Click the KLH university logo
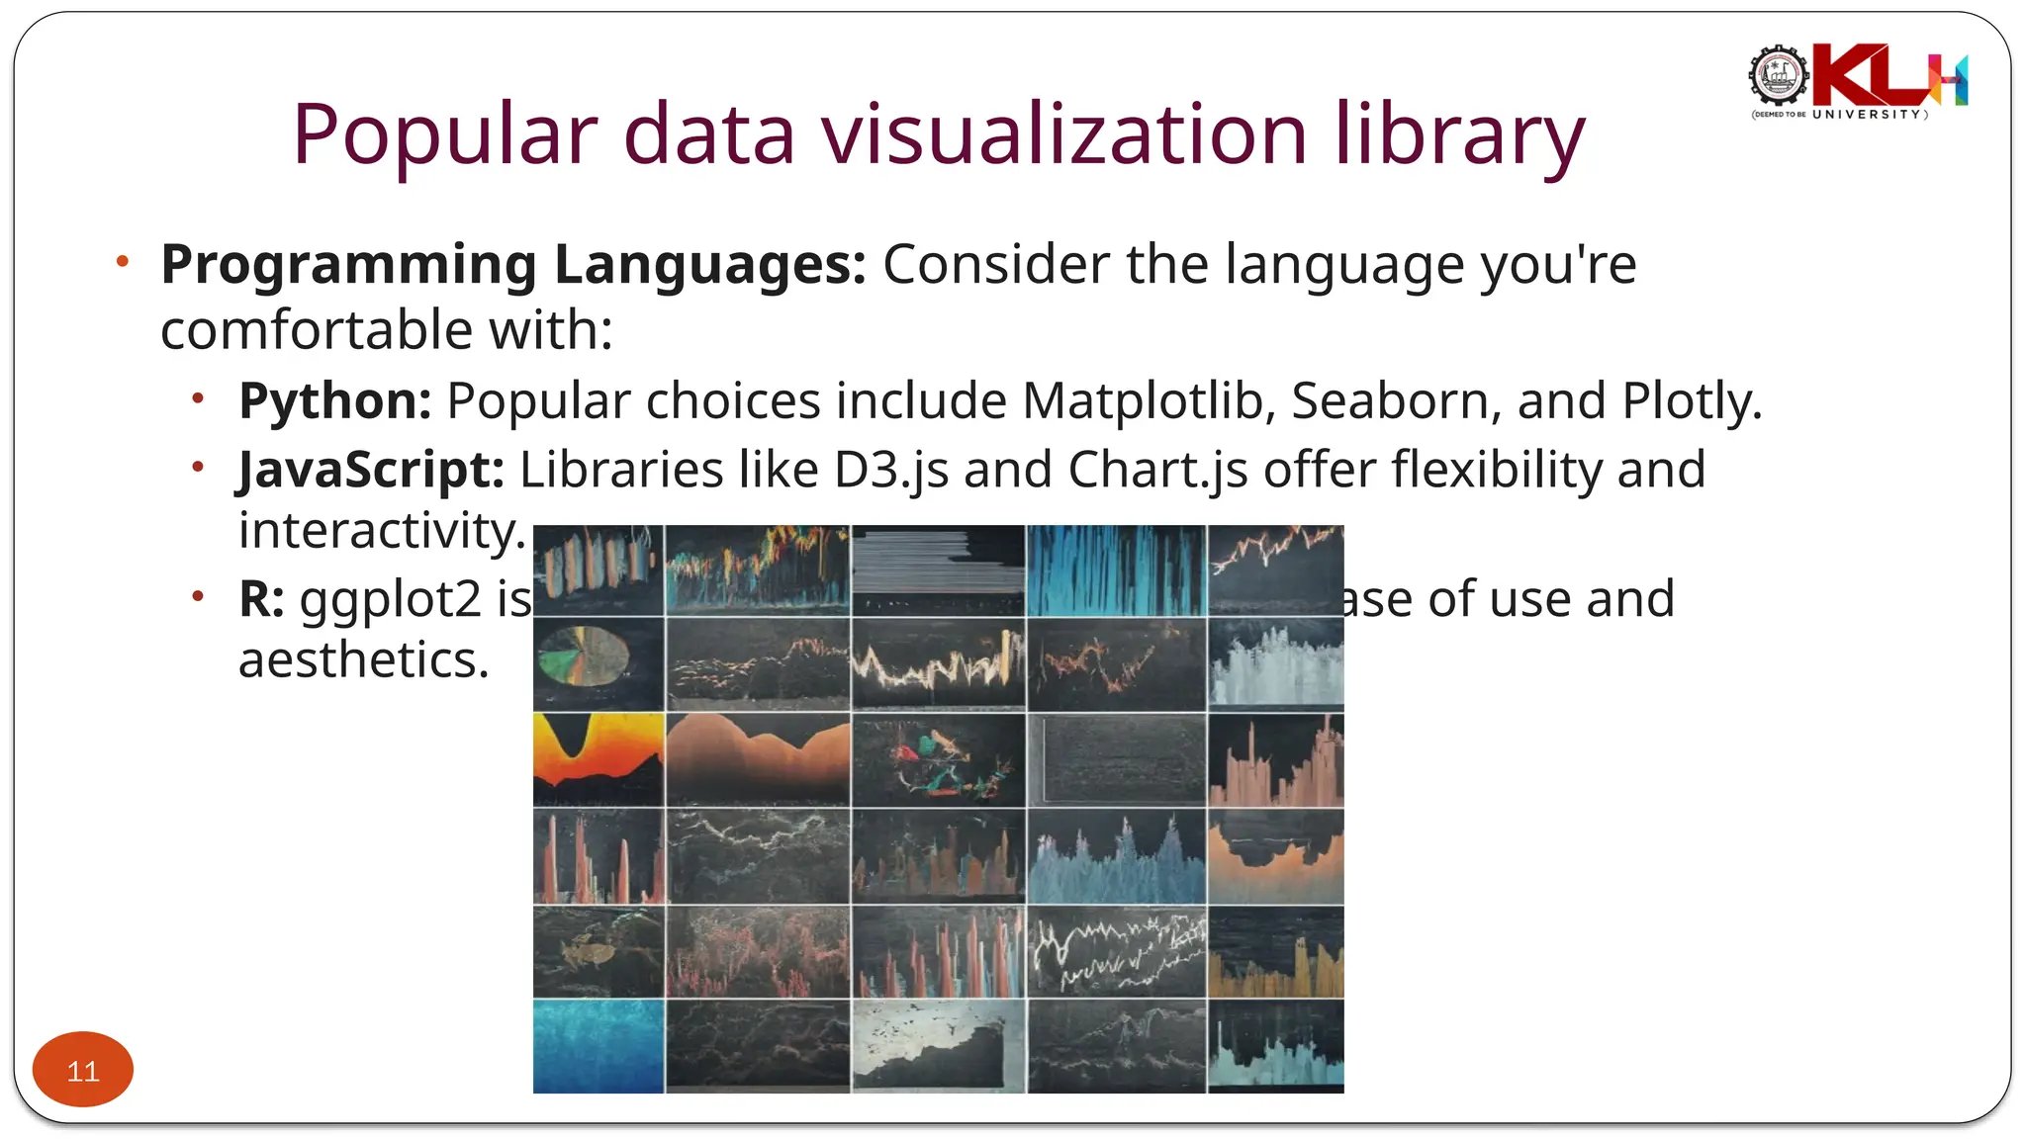pyautogui.click(x=1858, y=81)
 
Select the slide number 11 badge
pyautogui.click(x=83, y=1070)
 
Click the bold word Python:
pyautogui.click(x=334, y=401)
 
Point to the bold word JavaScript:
pyautogui.click(x=371, y=470)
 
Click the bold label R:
pyautogui.click(x=261, y=599)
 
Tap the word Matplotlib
pyautogui.click(x=1148, y=401)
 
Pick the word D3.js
pyautogui.click(x=890, y=470)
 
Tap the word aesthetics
pyautogui.click(x=363, y=660)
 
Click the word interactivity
pyautogui.click(x=381, y=532)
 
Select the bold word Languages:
pyautogui.click(x=709, y=265)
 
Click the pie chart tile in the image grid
pyautogui.click(x=584, y=657)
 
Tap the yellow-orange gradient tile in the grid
pyautogui.click(x=598, y=757)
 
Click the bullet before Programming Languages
pyautogui.click(x=122, y=262)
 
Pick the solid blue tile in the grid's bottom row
pyautogui.click(x=598, y=1045)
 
